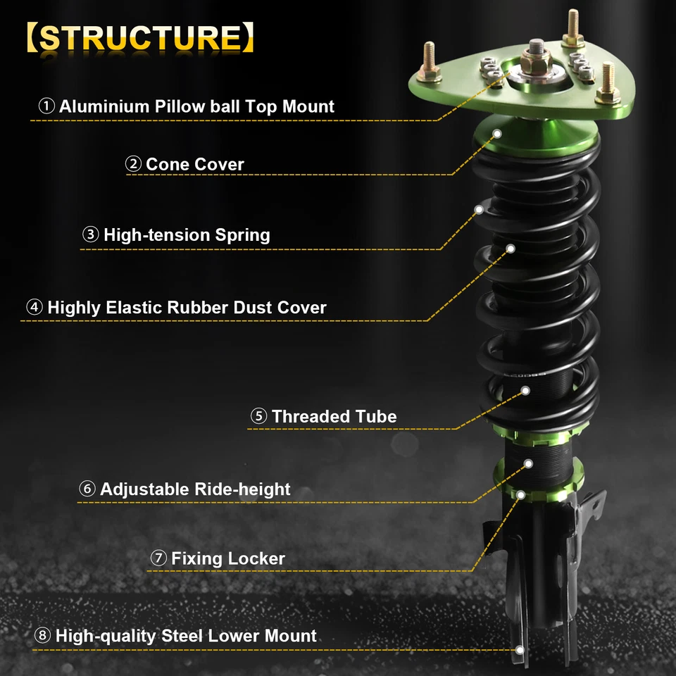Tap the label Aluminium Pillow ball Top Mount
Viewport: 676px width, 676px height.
196,107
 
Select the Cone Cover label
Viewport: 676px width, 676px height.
194,164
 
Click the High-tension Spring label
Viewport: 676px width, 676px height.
187,234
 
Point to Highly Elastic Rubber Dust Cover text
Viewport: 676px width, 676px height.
187,308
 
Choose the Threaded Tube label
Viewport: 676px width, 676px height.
334,416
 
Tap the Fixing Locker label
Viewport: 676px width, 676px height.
228,559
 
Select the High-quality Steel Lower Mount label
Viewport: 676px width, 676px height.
186,636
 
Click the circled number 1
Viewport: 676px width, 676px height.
46,107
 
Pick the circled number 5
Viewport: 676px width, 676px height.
258,416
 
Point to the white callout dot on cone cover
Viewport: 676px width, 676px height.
498,132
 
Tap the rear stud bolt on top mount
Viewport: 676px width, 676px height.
572,28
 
